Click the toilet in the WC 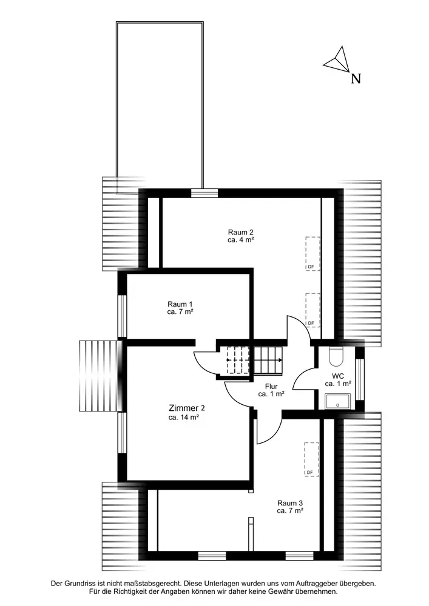click(x=335, y=356)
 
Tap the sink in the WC click(x=338, y=402)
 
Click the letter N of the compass click(x=356, y=79)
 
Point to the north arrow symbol click(x=337, y=60)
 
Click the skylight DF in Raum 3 click(x=311, y=459)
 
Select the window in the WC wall click(x=360, y=379)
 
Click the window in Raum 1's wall click(x=122, y=316)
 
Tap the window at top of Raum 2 click(x=204, y=193)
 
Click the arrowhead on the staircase click(x=280, y=360)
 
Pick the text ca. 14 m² click(x=184, y=418)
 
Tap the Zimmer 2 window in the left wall click(x=122, y=433)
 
